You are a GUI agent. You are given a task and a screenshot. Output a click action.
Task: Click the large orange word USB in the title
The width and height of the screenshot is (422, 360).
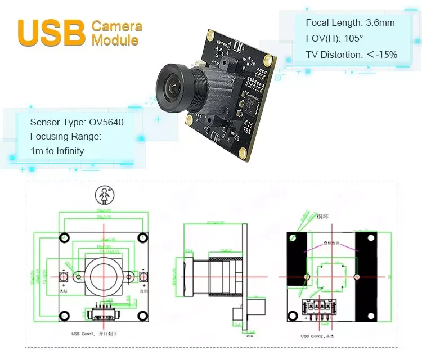pos(51,33)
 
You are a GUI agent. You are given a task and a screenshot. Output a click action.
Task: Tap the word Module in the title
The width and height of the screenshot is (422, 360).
pos(115,40)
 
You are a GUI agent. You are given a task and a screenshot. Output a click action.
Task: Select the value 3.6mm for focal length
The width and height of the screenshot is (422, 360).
pos(380,23)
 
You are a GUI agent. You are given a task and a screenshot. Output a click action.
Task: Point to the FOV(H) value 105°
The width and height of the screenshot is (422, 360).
pos(350,39)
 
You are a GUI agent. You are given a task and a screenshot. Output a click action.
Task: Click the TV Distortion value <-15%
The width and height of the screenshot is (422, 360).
pos(382,55)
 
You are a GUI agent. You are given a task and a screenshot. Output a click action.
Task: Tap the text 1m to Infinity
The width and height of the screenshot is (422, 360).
pos(57,151)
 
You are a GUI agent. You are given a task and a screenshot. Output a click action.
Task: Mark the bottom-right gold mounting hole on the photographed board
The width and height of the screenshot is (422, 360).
pos(242,152)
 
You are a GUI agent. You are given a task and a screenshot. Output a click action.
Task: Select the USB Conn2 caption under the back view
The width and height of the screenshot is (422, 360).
pos(320,336)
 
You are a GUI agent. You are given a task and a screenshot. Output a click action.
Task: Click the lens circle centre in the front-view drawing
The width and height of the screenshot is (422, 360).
pos(104,276)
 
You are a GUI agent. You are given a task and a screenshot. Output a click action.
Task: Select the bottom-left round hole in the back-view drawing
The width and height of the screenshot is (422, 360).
pos(293,316)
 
